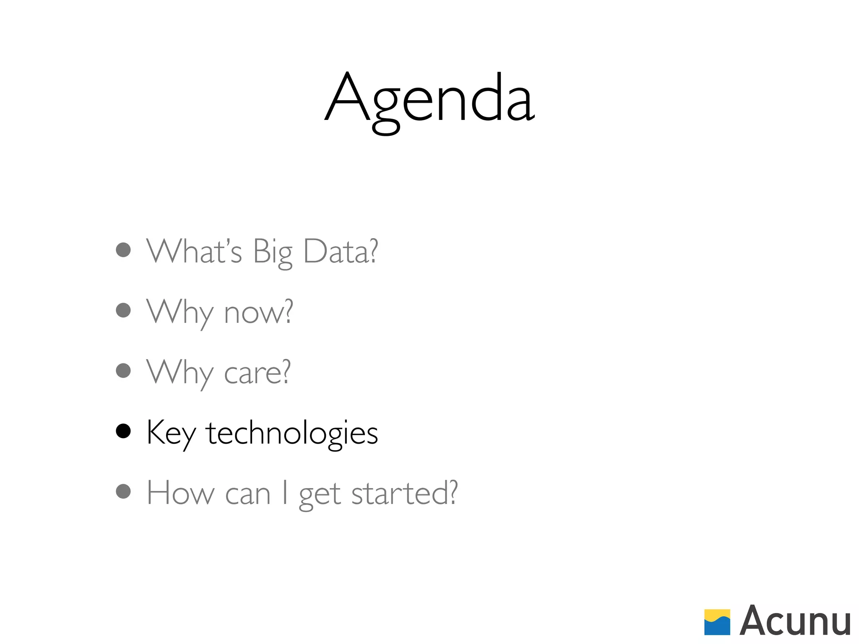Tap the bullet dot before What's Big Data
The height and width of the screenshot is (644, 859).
click(123, 250)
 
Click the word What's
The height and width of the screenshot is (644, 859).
click(194, 252)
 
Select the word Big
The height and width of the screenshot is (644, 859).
click(273, 252)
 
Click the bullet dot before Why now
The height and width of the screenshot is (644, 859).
click(123, 310)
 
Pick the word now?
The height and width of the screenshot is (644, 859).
click(258, 312)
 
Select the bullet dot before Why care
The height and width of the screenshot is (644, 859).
click(123, 371)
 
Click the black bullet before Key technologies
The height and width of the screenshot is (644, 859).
click(123, 431)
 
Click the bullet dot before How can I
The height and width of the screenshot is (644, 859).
click(123, 491)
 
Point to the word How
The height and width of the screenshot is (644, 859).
click(180, 493)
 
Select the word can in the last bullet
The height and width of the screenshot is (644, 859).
click(247, 495)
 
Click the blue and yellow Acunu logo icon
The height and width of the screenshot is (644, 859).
click(717, 622)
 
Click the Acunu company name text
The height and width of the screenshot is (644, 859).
click(795, 621)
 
